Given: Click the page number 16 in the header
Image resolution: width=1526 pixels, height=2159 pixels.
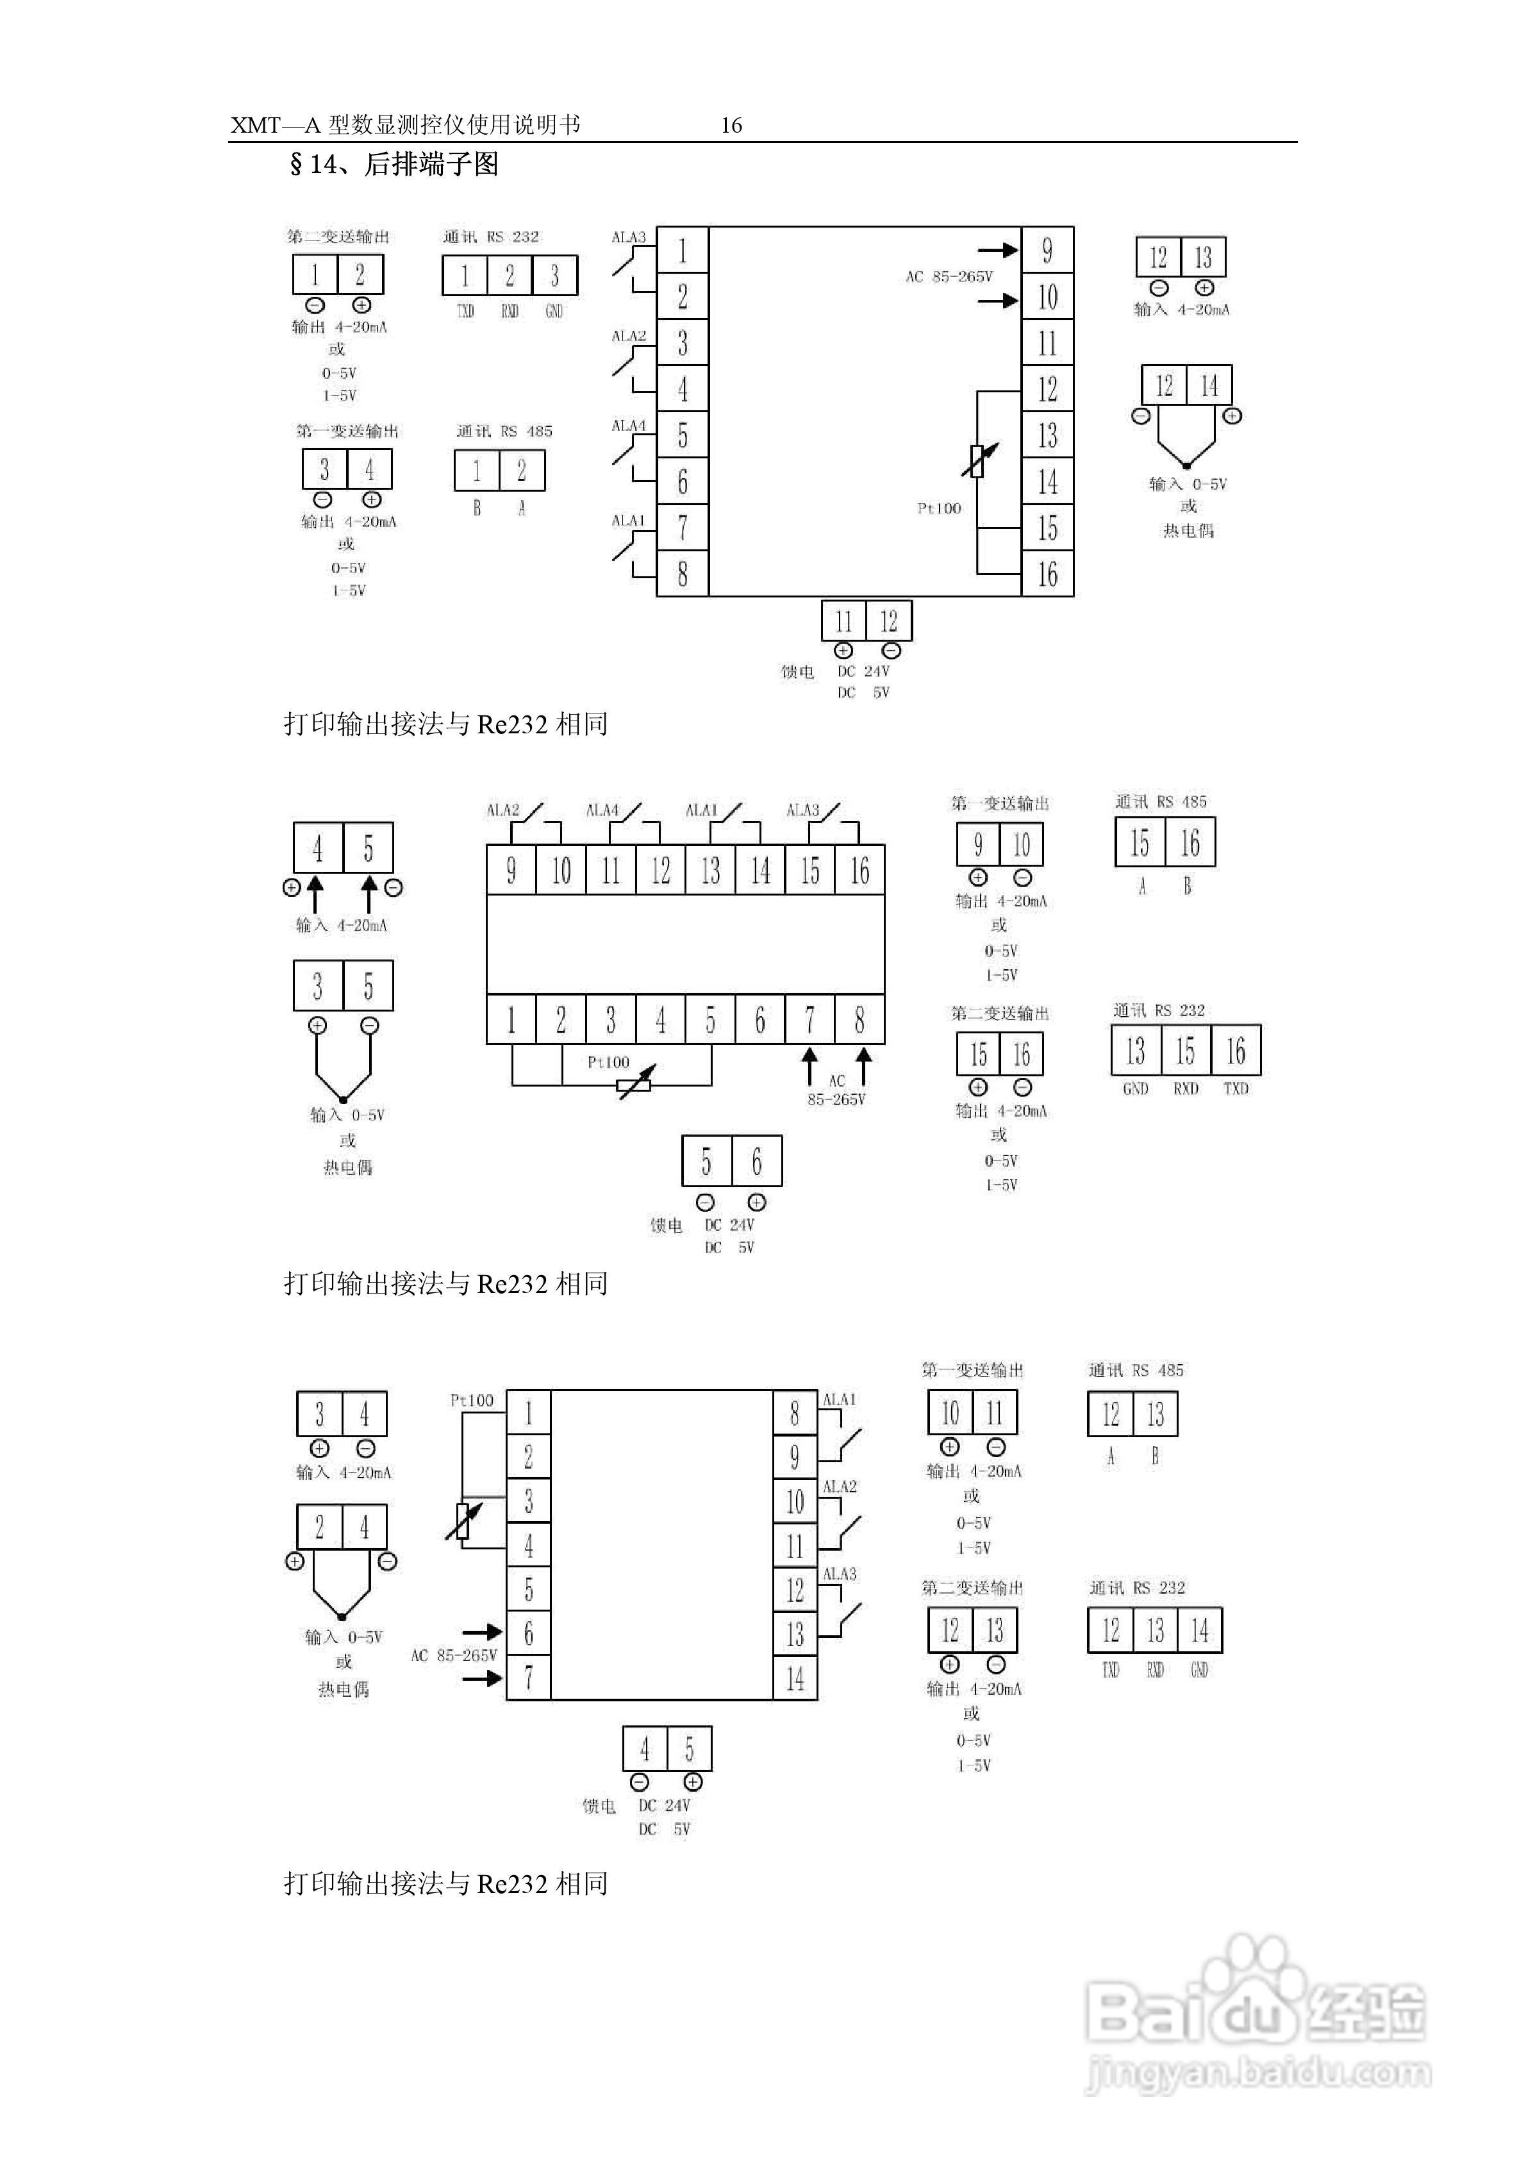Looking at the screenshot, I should coord(731,125).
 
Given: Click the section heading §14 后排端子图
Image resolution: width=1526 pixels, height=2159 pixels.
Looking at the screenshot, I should coord(394,165).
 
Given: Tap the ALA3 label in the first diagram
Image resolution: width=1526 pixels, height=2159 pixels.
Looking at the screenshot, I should coord(628,237).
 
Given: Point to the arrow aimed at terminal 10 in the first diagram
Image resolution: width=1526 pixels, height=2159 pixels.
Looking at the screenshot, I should coord(998,301).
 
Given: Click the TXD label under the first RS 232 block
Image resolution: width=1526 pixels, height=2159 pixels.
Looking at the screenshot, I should coord(465,312).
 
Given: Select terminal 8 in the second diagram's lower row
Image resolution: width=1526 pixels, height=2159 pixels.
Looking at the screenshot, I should coord(858,1019).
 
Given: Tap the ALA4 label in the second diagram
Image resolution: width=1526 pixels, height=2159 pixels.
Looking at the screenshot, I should coord(602,810).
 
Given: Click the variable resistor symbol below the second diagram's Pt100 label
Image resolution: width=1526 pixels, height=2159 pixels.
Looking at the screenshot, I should coord(634,1085).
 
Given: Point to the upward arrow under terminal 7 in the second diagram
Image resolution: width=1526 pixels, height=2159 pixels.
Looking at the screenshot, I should coord(809,1067).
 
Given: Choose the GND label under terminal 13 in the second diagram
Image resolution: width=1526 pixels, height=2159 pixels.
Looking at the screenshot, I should coord(1135,1089).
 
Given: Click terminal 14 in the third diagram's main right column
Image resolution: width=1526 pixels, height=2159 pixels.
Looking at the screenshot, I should coord(795,1678).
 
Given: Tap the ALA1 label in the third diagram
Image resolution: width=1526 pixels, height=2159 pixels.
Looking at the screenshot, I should coord(839,1400).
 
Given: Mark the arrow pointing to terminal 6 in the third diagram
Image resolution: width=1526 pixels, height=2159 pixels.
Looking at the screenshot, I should coord(481,1633).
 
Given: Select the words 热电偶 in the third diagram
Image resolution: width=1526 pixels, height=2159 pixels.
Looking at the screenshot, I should coord(343,1690).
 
